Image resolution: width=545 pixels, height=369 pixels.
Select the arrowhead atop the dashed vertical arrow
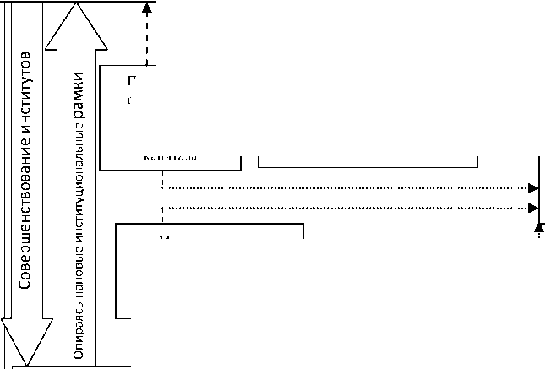(x=147, y=9)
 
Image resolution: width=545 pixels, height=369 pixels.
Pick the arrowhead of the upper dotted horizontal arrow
(x=532, y=188)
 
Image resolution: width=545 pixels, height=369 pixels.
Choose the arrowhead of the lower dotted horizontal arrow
(x=532, y=208)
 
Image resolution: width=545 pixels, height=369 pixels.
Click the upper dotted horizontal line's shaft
(x=338, y=188)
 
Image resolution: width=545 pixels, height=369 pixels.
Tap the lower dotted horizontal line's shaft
(x=338, y=208)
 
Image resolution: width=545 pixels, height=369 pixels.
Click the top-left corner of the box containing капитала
(x=100, y=63)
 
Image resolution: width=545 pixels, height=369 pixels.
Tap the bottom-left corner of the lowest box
(x=116, y=318)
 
